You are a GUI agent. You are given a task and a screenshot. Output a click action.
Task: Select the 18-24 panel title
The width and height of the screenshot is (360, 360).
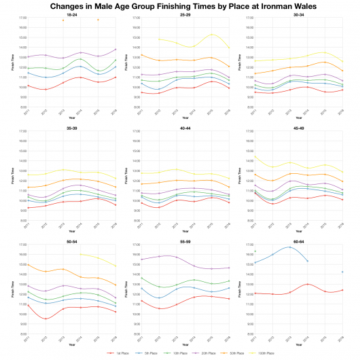pyautogui.click(x=71, y=14)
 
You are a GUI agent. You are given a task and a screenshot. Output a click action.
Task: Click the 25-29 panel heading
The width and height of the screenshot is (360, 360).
pyautogui.click(x=185, y=14)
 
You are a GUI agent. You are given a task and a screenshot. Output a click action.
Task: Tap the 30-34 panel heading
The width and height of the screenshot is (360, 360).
pyautogui.click(x=298, y=14)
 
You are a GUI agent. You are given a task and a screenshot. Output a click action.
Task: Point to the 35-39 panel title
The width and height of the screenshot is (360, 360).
pyautogui.click(x=71, y=126)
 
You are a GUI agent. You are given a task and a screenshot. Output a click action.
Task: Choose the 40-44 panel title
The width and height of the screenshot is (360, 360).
pyautogui.click(x=185, y=126)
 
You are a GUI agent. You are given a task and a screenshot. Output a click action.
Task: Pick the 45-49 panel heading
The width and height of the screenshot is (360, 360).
pyautogui.click(x=298, y=126)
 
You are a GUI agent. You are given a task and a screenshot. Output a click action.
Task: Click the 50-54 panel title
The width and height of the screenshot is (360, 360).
pyautogui.click(x=71, y=240)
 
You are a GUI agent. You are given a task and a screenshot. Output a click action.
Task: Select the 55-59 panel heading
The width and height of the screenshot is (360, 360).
pyautogui.click(x=185, y=240)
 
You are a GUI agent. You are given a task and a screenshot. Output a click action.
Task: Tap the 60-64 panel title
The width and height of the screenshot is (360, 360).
pyautogui.click(x=298, y=240)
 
